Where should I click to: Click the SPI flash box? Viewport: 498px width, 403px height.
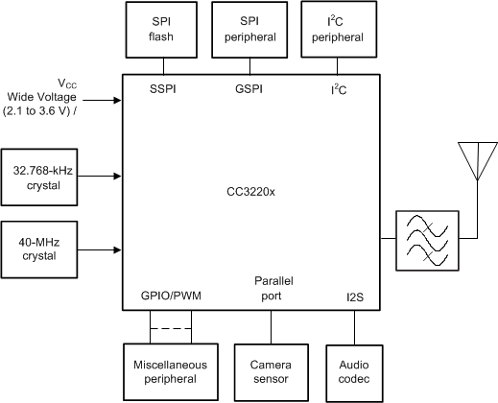click(160, 30)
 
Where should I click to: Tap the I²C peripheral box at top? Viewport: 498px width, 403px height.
click(336, 30)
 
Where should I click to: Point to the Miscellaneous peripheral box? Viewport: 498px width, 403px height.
click(170, 372)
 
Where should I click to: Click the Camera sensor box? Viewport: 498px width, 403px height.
click(269, 372)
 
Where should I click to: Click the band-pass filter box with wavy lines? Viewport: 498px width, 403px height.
click(424, 239)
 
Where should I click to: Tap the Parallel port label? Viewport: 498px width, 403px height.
click(272, 290)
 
